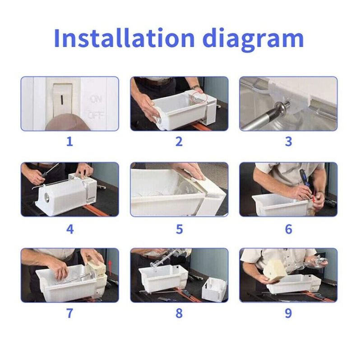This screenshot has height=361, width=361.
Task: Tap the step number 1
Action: point(69,141)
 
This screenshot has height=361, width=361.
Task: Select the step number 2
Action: point(179,141)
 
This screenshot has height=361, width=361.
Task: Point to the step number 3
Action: point(288,141)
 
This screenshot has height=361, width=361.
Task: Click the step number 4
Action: point(70,229)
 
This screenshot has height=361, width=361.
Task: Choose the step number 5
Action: point(179,229)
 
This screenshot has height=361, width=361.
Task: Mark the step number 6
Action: point(288,229)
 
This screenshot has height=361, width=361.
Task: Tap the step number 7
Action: point(69,313)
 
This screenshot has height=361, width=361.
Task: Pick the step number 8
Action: point(179,313)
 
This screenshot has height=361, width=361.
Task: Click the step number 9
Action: point(288,313)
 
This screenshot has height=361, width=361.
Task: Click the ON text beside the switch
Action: point(96,99)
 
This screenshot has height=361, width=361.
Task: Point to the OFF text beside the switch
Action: point(97,115)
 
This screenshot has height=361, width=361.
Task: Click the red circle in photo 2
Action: point(199,97)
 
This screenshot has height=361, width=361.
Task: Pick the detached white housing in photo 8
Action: point(214,289)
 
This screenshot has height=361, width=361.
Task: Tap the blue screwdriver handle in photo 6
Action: point(303,177)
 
